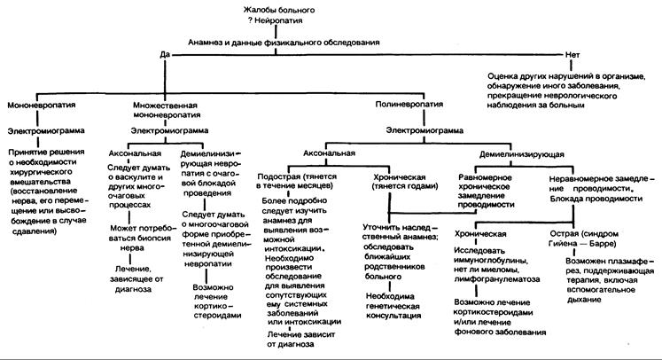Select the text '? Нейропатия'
(x=273, y=21)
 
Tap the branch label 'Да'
(x=164, y=54)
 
